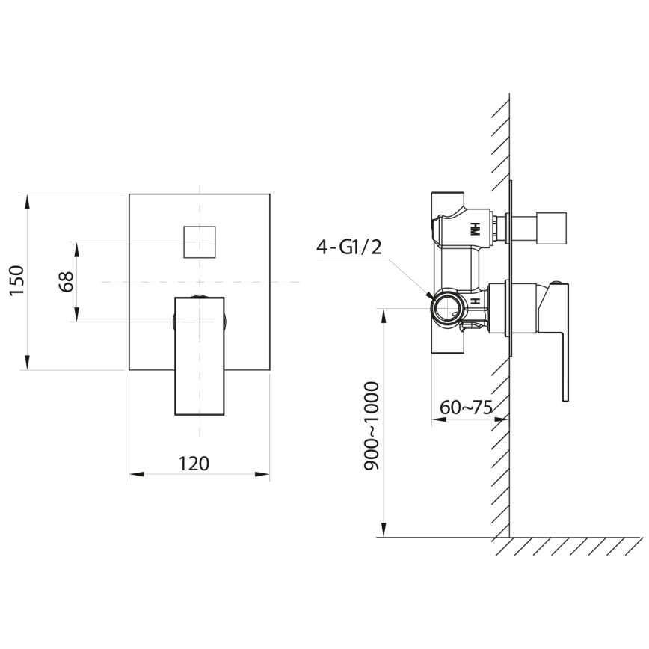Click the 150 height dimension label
17,280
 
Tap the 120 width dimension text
194,463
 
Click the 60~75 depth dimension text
465,407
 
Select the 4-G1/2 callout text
349,248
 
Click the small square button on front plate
200,242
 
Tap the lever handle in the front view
200,355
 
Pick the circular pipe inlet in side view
448,307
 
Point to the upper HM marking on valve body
473,228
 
